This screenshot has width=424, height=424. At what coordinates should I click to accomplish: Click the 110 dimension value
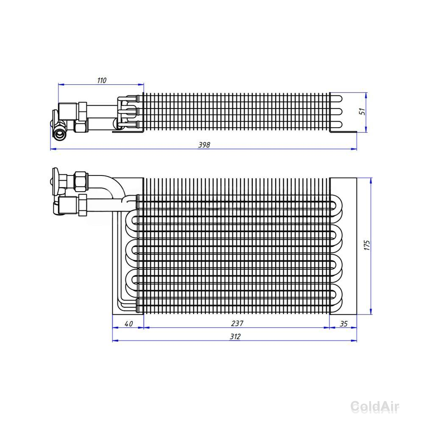102,80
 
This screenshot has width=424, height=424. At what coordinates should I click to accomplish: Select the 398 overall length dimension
204,145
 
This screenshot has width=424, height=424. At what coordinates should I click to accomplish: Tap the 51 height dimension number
362,112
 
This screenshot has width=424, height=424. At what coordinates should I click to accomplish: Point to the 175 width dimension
367,245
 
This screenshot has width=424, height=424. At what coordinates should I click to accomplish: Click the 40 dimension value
129,324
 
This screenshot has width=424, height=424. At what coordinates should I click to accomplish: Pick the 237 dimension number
237,324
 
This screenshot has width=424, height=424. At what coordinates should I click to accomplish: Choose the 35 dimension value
343,324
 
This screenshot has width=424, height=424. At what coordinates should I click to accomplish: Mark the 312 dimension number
235,337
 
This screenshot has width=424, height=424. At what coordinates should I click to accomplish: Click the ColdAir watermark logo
375,407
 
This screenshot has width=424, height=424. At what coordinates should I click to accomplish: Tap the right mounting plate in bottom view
343,246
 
